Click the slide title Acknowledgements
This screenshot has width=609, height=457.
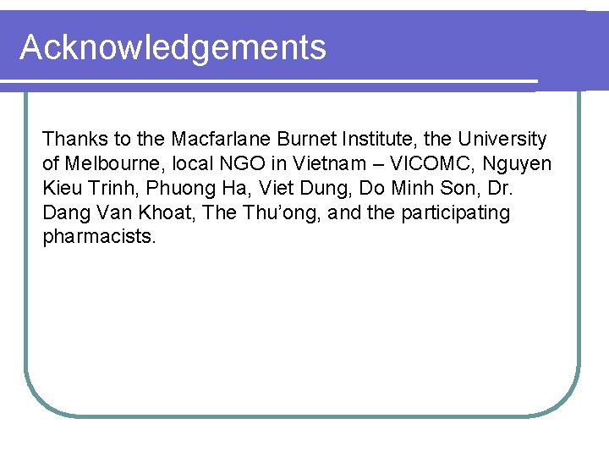173,47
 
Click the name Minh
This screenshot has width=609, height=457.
411,188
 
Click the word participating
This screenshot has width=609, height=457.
456,212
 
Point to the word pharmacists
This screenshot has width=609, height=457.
99,237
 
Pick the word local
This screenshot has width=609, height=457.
197,163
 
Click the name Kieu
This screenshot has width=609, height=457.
62,188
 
